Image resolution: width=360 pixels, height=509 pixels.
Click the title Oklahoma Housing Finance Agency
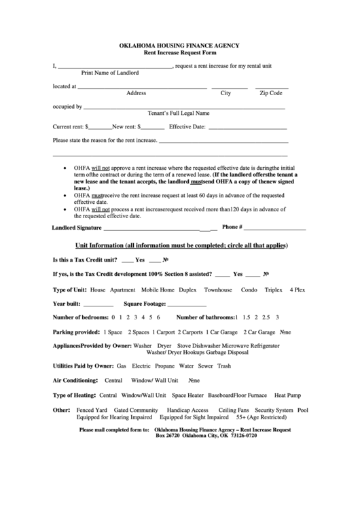click(x=179, y=46)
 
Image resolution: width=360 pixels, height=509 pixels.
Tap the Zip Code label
click(x=271, y=92)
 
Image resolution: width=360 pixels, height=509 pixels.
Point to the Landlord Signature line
click(x=156, y=229)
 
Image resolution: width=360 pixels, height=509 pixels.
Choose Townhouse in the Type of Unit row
click(x=218, y=289)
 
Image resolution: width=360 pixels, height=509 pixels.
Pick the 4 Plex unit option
click(x=298, y=289)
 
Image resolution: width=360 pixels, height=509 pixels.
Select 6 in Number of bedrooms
click(x=158, y=317)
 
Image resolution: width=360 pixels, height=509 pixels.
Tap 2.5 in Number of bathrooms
click(x=266, y=317)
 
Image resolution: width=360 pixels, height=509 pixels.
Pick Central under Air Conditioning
click(x=113, y=380)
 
